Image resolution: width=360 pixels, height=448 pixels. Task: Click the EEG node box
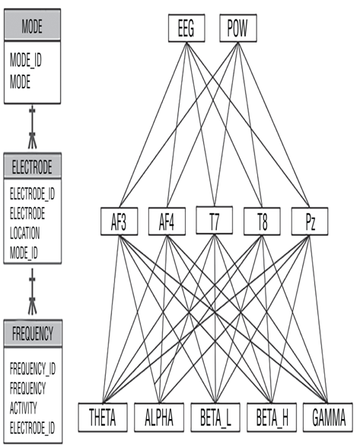point(186,28)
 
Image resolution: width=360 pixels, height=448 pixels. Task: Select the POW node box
point(238,28)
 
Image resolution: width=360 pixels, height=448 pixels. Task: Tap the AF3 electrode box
point(119,221)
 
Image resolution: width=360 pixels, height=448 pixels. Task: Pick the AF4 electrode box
point(167,221)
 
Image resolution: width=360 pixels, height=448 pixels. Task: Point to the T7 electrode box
point(214,221)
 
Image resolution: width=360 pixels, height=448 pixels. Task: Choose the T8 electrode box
point(262,221)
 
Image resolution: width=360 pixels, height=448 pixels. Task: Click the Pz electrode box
point(310,221)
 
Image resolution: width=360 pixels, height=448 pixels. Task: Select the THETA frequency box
point(103,418)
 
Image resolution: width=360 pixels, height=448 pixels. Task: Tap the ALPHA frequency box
point(159,418)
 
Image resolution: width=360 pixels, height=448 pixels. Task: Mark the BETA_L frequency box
point(215,418)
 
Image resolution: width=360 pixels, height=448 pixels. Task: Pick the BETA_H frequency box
point(272,418)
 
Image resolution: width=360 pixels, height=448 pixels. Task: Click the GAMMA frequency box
point(328,418)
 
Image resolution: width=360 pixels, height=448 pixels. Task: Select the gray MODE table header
point(32,25)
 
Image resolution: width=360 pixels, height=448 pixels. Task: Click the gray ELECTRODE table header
point(32,166)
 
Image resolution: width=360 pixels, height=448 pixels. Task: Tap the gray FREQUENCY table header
point(33,333)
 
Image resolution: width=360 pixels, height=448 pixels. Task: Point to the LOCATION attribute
point(25,233)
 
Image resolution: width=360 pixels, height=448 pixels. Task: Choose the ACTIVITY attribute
point(24,408)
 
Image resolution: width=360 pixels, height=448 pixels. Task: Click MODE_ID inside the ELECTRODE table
point(24,253)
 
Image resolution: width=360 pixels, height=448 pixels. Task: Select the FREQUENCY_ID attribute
point(33,369)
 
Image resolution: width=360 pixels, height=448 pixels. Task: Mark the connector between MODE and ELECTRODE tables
point(32,126)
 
